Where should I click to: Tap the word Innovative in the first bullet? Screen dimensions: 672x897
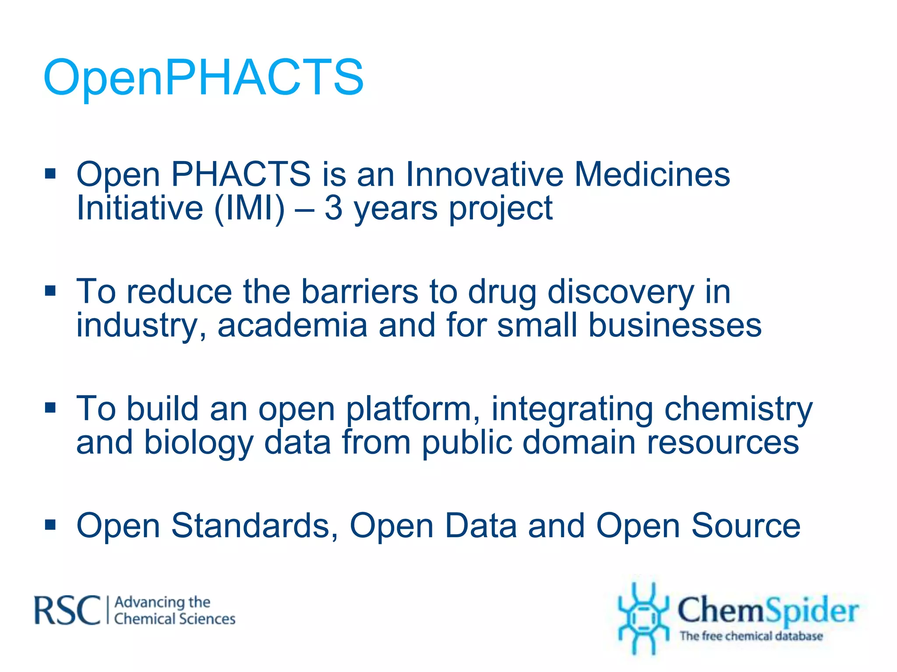pyautogui.click(x=484, y=174)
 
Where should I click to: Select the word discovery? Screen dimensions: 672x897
pyautogui.click(x=621, y=292)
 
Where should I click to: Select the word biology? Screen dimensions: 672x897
pyautogui.click(x=198, y=443)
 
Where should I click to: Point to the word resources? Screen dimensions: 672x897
pyautogui.click(x=723, y=443)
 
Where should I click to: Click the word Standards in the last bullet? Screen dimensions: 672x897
pyautogui.click(x=254, y=525)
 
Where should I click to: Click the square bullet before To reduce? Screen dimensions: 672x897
pyautogui.click(x=50, y=291)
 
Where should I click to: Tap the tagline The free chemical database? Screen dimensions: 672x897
pyautogui.click(x=751, y=636)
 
